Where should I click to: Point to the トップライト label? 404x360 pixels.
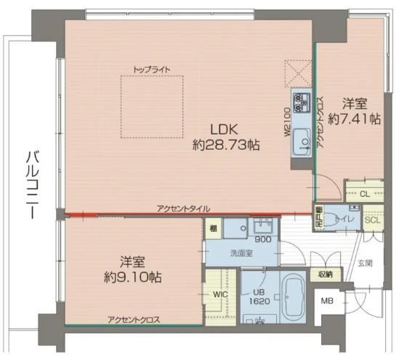[152, 69]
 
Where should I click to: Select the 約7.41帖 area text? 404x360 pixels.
[354, 119]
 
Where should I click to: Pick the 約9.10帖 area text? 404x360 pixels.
[132, 277]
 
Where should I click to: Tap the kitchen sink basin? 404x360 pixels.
[301, 148]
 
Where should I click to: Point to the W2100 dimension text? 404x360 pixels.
[287, 123]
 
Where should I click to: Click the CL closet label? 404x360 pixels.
[364, 193]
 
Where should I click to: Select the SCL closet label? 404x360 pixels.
[371, 220]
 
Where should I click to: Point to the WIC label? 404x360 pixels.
[221, 295]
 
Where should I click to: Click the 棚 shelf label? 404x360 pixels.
[211, 228]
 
